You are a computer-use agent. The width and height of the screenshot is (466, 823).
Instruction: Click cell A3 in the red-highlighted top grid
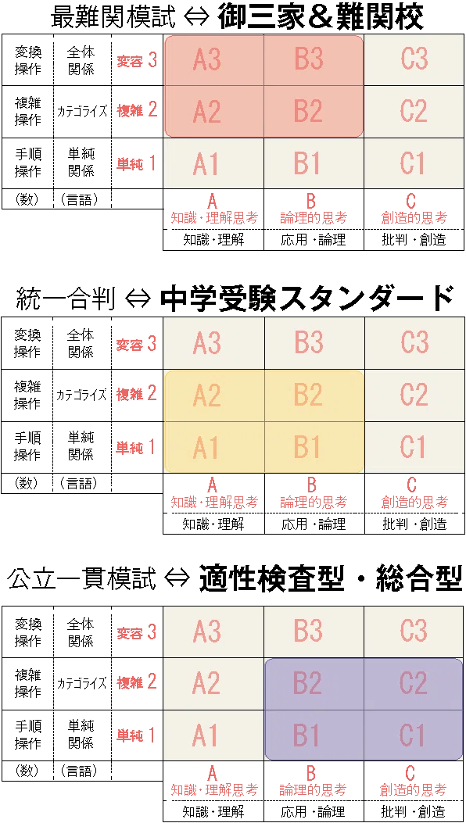tap(213, 60)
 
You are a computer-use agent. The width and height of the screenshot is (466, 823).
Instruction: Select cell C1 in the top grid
tap(414, 164)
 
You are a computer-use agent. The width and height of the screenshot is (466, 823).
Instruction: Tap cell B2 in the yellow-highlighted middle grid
tap(314, 395)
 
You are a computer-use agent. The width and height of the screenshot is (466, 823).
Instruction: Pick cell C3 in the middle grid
tap(414, 343)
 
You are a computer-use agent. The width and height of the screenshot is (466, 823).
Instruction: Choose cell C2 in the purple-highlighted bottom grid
tap(414, 683)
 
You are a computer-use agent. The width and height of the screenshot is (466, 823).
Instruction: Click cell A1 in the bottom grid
tap(213, 735)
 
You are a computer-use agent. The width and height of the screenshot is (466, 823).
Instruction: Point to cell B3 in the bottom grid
tap(314, 632)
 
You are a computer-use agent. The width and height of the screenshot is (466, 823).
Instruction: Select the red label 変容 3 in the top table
tap(137, 60)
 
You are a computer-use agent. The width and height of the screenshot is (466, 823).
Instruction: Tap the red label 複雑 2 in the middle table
tap(137, 394)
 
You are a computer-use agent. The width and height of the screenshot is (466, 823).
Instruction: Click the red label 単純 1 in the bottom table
tap(137, 735)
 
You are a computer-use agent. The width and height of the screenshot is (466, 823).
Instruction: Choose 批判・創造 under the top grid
tap(414, 240)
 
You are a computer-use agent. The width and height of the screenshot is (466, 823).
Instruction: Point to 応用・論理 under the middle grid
tap(314, 524)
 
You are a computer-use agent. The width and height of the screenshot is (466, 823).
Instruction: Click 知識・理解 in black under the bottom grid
tap(213, 810)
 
